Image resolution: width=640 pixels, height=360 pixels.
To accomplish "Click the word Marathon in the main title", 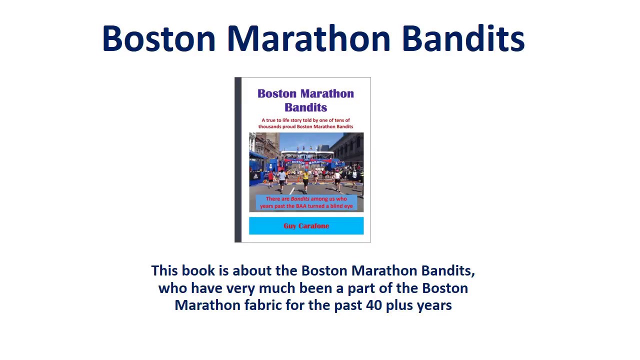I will pyautogui.click(x=308, y=38).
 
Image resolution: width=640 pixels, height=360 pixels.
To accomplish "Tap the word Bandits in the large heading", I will pyautogui.click(x=463, y=38).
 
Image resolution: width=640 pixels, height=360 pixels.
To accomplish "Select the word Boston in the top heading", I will pyautogui.click(x=158, y=38).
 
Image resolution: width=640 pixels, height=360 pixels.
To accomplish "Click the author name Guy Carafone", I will pyautogui.click(x=306, y=226).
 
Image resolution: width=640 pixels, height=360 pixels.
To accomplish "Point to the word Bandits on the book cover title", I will pyautogui.click(x=305, y=107).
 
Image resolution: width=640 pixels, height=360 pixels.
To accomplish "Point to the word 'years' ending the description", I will pyautogui.click(x=434, y=305).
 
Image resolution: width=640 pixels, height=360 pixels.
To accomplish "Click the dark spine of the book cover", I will pyautogui.click(x=238, y=160).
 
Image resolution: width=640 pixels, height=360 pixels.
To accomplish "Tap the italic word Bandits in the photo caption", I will pyautogui.click(x=300, y=198).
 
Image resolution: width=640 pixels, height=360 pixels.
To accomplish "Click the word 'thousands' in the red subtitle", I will pyautogui.click(x=269, y=126).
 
